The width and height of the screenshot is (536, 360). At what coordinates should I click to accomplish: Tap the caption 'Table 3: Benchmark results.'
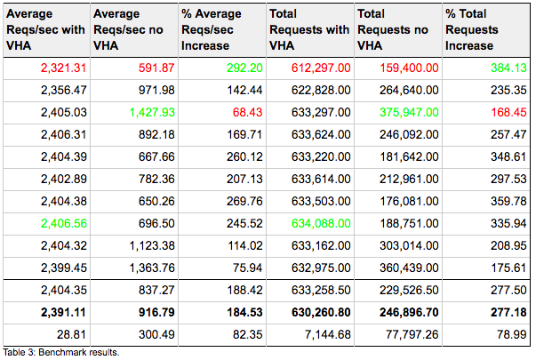click(x=60, y=353)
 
